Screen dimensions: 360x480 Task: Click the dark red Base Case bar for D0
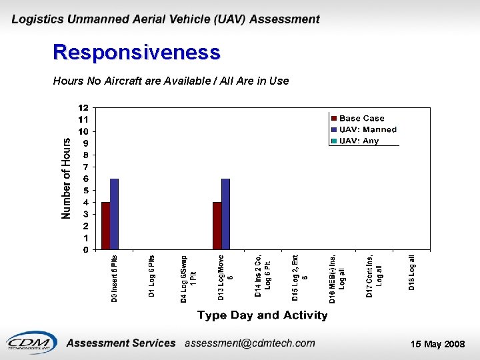tap(105, 226)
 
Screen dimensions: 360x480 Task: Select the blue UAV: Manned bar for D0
tap(114, 214)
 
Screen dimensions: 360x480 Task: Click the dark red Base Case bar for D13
tap(217, 226)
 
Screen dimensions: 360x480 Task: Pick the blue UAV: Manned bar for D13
tap(225, 214)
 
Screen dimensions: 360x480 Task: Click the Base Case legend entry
tap(361, 119)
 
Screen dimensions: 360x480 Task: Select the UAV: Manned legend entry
tap(367, 129)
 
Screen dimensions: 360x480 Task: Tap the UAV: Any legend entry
tap(359, 141)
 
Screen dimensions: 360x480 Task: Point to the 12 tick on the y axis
tap(83, 107)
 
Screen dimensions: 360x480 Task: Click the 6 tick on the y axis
tap(85, 179)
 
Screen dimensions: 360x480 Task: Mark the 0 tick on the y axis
tap(85, 250)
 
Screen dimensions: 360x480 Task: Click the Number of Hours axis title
tap(66, 178)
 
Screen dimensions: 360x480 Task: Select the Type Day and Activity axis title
tap(262, 315)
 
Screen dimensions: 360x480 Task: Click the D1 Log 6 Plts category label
tap(151, 275)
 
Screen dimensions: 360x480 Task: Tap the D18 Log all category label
tap(412, 273)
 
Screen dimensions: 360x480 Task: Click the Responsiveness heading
tap(136, 52)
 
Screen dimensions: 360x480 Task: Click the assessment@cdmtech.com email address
tap(249, 343)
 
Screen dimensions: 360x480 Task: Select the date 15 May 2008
tap(437, 344)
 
